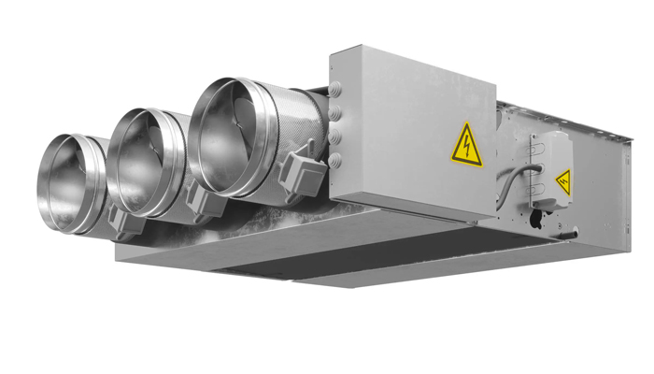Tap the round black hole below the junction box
pos(533,220)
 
